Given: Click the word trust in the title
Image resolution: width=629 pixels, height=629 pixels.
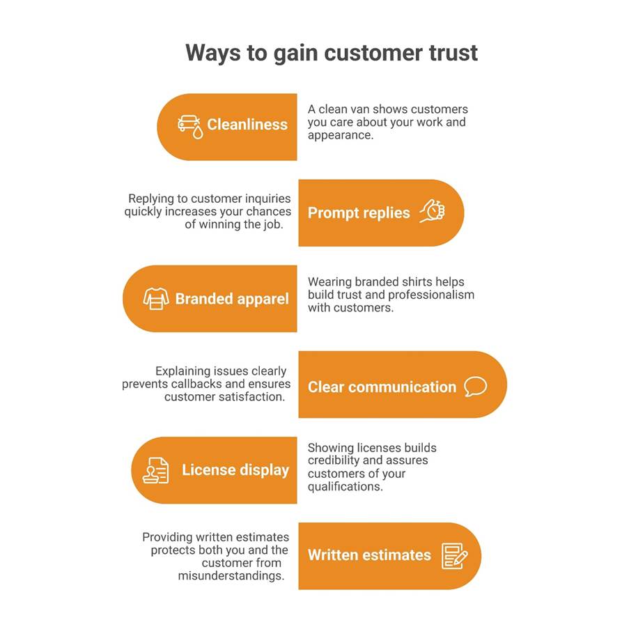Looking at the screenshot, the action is pyautogui.click(x=453, y=52).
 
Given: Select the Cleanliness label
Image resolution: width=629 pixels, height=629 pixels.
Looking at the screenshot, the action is pyautogui.click(x=247, y=125).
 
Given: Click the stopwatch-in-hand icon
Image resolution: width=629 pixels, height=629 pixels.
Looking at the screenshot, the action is pyautogui.click(x=433, y=211).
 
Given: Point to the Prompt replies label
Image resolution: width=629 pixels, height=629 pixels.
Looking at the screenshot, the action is pyautogui.click(x=359, y=213).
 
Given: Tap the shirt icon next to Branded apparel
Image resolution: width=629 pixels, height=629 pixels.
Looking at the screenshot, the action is pyautogui.click(x=156, y=299).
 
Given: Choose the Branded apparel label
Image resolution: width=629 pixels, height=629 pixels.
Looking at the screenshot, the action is pyautogui.click(x=232, y=300).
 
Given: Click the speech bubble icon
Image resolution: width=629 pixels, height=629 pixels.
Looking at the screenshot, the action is pyautogui.click(x=475, y=387).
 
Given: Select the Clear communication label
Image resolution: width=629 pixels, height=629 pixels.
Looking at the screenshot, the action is pyautogui.click(x=382, y=387).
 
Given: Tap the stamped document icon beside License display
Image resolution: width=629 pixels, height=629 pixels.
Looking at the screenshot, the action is pyautogui.click(x=155, y=470).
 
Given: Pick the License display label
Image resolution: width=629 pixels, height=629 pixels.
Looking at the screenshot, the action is pyautogui.click(x=235, y=470).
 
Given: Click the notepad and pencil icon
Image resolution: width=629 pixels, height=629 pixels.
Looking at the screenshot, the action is pyautogui.click(x=454, y=556).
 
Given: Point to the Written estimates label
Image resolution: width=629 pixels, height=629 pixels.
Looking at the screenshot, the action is pyautogui.click(x=369, y=555).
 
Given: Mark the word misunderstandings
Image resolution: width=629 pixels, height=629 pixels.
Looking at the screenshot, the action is pyautogui.click(x=231, y=576).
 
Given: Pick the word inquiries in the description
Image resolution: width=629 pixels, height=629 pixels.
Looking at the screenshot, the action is pyautogui.click(x=268, y=199).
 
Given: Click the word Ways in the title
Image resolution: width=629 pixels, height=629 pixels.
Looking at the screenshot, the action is pyautogui.click(x=212, y=54).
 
